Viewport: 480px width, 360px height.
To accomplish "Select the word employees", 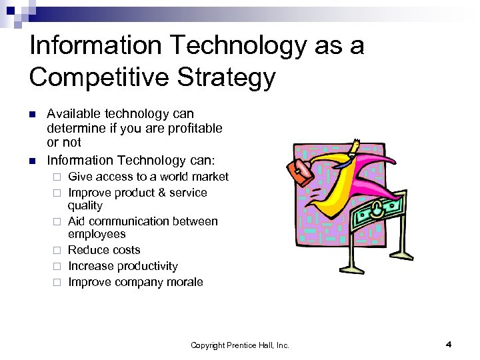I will click(x=97, y=234).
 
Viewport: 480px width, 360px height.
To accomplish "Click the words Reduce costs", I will click(x=104, y=250).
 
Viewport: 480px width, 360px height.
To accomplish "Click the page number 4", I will click(x=449, y=344).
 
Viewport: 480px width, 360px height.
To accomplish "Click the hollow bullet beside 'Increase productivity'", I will click(x=59, y=267).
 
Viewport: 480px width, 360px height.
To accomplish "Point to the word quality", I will click(x=85, y=206).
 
